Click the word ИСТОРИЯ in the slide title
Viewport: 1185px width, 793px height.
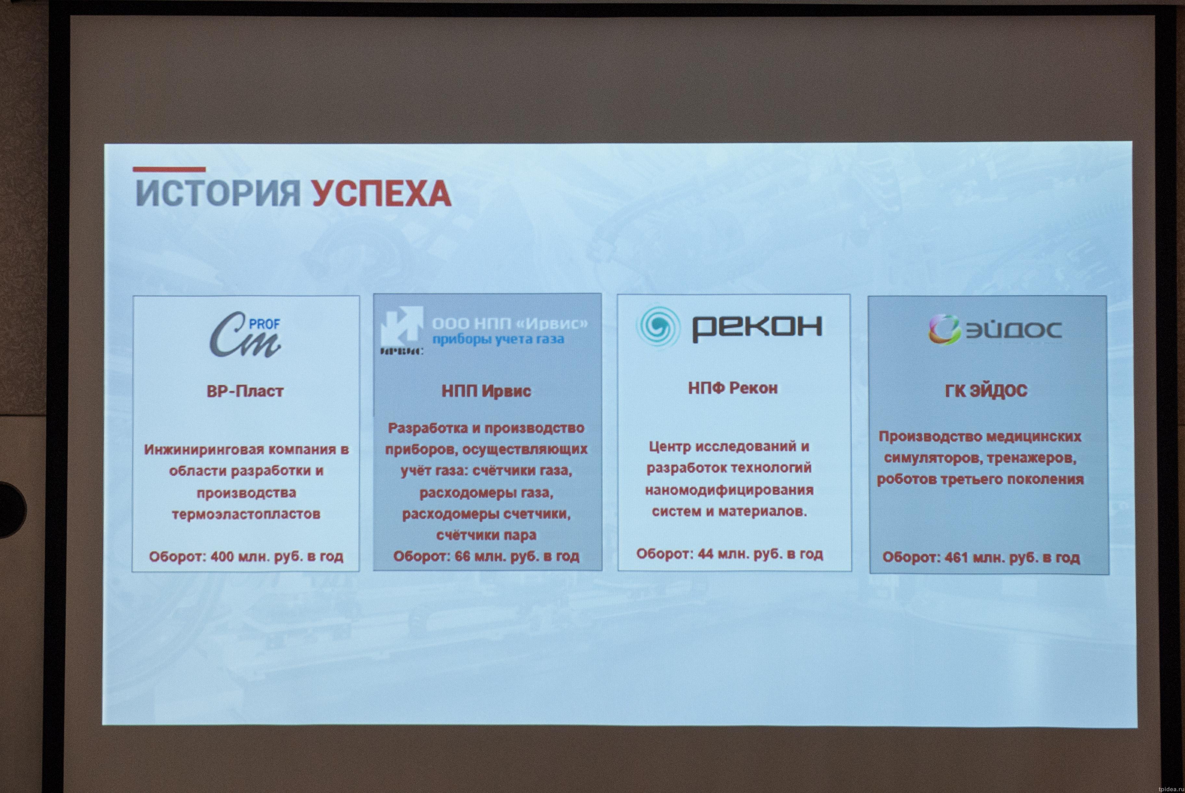tap(218, 193)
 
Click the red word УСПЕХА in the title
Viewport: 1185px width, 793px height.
tap(381, 193)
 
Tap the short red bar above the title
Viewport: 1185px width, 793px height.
tap(169, 169)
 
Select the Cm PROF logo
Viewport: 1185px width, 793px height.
tap(246, 334)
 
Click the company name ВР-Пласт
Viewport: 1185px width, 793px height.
tap(245, 391)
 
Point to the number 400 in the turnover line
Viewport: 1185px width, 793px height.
tap(222, 556)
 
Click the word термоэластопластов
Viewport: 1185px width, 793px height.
tap(246, 514)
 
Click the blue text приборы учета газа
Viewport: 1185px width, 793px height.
tap(498, 339)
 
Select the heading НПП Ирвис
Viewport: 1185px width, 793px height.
tap(486, 391)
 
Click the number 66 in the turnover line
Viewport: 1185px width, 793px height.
tap(462, 556)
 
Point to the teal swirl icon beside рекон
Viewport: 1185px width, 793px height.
tap(658, 326)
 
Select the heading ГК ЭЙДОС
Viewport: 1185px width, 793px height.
tap(986, 391)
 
